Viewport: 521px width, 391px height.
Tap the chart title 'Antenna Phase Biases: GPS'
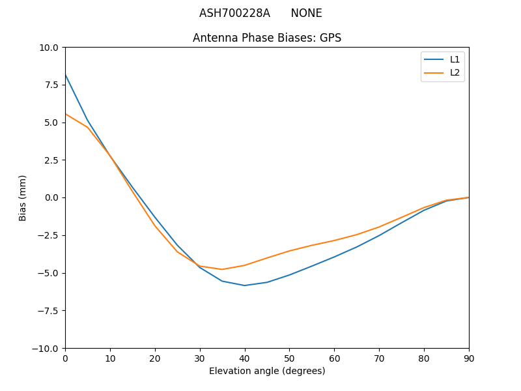coord(267,38)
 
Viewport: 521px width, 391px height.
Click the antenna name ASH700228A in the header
coord(234,13)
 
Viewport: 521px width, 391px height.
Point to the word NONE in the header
coord(306,13)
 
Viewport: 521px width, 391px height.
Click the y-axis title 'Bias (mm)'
coord(23,197)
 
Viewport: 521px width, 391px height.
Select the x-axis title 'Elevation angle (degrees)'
coord(267,371)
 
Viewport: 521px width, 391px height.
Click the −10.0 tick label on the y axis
coord(47,348)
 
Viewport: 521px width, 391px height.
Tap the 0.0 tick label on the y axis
coord(53,197)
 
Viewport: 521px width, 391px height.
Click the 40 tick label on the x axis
coord(245,358)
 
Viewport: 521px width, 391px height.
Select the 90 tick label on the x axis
coord(469,358)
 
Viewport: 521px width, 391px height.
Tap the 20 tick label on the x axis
coord(155,358)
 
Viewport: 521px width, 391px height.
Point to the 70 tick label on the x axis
coord(379,358)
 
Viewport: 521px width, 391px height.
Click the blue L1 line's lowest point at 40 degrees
coord(245,285)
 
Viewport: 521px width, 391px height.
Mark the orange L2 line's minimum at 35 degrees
coord(222,269)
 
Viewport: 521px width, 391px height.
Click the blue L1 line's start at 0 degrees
coord(66,75)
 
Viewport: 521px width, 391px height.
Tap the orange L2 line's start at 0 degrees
coord(66,114)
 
